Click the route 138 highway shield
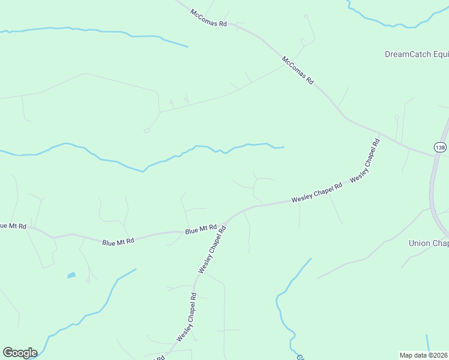440,147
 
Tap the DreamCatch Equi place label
416,54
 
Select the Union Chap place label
428,243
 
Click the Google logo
20,353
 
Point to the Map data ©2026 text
424,355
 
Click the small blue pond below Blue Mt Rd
71,275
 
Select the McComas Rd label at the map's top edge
209,17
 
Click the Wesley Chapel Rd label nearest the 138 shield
366,160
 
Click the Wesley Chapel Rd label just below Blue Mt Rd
212,250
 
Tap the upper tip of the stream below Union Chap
310,259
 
